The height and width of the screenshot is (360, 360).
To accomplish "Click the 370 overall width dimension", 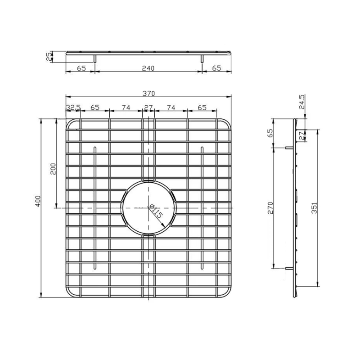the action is pyautogui.click(x=149, y=94).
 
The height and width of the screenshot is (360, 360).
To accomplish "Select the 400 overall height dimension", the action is pyautogui.click(x=38, y=201).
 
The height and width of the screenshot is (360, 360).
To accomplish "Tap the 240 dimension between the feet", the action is pyautogui.click(x=148, y=68).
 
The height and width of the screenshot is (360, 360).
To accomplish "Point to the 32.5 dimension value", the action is pyautogui.click(x=73, y=107).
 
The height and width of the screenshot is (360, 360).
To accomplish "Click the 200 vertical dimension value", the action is pyautogui.click(x=53, y=169).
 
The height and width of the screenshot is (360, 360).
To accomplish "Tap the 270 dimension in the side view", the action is pyautogui.click(x=271, y=208).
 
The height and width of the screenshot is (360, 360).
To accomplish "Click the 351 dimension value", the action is pyautogui.click(x=314, y=208).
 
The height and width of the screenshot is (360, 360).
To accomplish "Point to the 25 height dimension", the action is pyautogui.click(x=49, y=57).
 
